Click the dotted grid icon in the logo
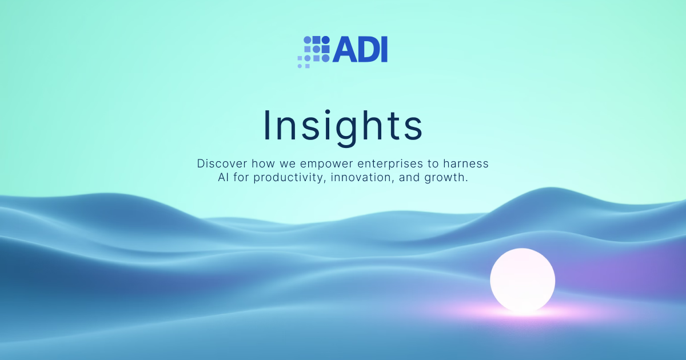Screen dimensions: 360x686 314,51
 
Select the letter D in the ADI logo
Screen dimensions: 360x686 368,50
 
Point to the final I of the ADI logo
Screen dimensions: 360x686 384,50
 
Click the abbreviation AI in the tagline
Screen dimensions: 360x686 224,178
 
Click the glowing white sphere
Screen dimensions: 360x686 523,280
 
